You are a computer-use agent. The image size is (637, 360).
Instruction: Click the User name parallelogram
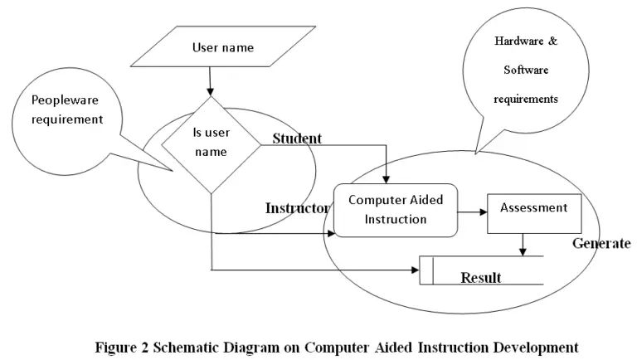221,47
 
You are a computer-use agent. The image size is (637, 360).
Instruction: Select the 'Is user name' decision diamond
211,142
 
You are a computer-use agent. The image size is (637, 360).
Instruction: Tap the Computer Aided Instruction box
395,210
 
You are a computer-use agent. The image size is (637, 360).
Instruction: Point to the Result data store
481,271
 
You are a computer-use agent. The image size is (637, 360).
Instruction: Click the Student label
297,139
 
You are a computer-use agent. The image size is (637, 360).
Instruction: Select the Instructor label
297,208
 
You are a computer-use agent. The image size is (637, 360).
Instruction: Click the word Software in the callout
526,70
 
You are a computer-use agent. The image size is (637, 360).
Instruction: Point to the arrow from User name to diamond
211,80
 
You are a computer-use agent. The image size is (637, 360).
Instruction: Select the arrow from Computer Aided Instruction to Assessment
472,212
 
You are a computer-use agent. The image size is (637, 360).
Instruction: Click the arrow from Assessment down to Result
522,244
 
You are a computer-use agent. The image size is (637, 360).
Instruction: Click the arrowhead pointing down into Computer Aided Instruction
386,178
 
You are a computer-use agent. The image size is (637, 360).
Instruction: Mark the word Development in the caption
534,346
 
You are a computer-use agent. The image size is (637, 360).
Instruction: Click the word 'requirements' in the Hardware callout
526,99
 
